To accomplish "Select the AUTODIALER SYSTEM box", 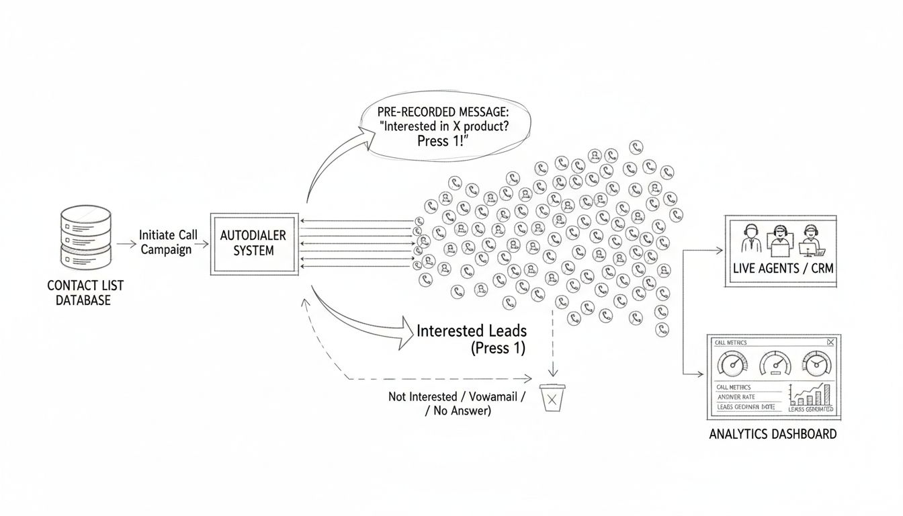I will coord(254,243).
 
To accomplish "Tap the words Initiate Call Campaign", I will coord(168,242).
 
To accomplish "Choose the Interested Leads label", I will coord(472,331).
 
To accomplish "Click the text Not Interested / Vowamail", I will coord(456,397).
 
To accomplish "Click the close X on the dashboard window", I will coord(831,342).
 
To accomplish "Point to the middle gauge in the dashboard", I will coord(775,365).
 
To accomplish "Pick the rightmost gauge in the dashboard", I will coord(816,365).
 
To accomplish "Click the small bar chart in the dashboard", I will coord(812,395).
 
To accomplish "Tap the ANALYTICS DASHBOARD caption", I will coord(773,434).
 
